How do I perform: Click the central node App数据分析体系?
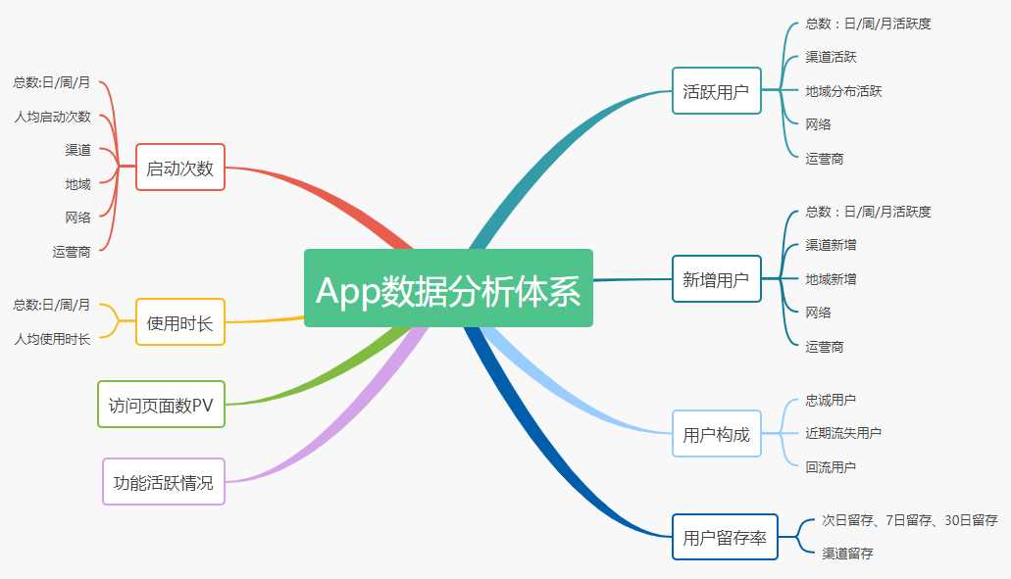448,288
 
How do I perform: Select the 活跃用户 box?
716,91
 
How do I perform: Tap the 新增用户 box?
716,279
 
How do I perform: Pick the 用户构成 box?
716,434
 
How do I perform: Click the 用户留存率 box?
725,537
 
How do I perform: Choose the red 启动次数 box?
180,168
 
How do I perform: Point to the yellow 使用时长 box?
180,322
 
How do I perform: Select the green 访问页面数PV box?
162,405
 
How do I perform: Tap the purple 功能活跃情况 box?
164,481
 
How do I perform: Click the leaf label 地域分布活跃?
843,91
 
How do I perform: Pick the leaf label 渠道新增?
831,245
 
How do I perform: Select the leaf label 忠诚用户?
831,400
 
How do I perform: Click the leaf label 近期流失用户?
843,433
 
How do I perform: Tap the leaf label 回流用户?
831,467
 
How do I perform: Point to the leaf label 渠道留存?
847,554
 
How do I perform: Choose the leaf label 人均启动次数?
52,117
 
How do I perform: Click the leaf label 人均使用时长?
52,339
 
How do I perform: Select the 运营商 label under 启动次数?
72,252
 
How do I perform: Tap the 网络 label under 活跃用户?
818,124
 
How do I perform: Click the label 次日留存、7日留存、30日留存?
909,520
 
